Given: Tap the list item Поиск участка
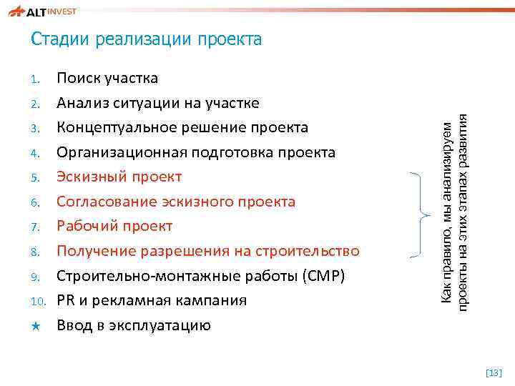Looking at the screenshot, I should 107,78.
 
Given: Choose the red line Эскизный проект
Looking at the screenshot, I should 119,177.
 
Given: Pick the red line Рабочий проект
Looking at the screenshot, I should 114,227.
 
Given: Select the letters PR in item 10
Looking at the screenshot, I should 66,301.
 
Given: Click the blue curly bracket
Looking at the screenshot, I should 417,214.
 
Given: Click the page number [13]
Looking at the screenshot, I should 494,372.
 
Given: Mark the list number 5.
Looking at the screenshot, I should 36,177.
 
